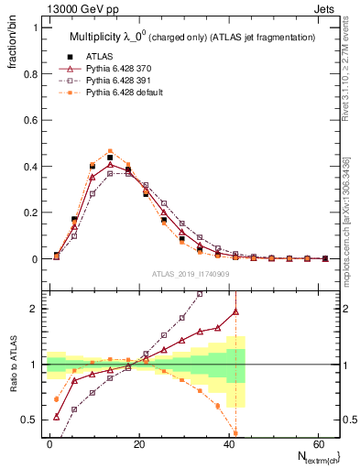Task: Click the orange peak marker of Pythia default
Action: coord(110,151)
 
